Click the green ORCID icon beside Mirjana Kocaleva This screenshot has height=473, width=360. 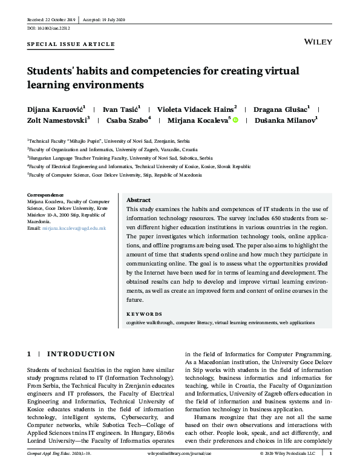[235, 120]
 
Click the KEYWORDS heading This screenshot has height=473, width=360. [144, 314]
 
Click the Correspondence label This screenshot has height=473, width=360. [45, 195]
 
